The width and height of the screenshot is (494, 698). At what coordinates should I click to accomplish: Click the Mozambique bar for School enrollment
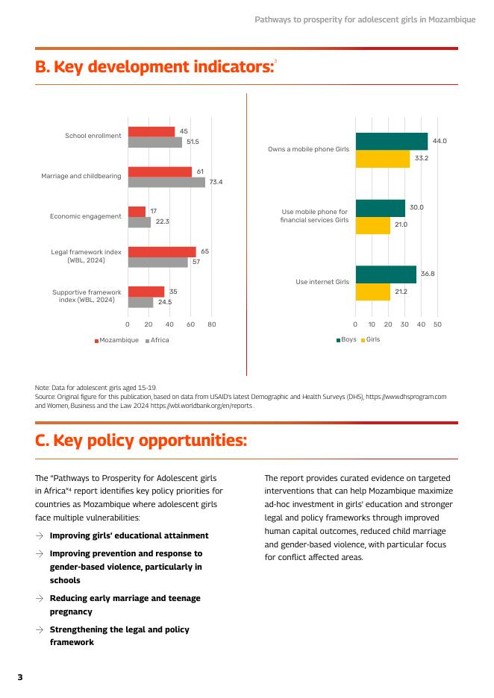(x=151, y=131)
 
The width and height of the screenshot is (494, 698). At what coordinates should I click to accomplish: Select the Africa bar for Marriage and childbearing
(x=166, y=182)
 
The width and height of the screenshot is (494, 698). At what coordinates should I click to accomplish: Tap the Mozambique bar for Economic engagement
(x=137, y=212)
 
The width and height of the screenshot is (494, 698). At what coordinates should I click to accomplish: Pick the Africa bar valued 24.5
(x=140, y=302)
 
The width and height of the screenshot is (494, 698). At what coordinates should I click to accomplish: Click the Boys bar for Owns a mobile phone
(x=392, y=141)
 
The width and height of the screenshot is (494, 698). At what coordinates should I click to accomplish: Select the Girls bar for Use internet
(x=372, y=292)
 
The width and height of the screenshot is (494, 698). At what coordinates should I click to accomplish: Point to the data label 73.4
(x=216, y=182)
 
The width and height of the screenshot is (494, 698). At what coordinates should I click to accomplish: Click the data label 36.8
(x=428, y=274)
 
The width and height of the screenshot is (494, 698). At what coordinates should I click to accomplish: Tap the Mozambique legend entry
(x=117, y=340)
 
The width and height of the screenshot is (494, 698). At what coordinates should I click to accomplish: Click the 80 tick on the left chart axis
(x=212, y=324)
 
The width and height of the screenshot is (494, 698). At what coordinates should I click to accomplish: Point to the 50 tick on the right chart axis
(x=437, y=324)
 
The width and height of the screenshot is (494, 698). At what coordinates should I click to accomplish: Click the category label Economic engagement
(x=85, y=216)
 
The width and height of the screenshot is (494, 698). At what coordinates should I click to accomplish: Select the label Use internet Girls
(x=322, y=282)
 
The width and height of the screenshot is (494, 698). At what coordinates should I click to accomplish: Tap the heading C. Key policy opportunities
(x=141, y=441)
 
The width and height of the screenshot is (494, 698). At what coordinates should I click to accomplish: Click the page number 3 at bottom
(x=20, y=677)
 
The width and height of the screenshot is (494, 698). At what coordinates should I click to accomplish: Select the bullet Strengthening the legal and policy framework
(x=119, y=635)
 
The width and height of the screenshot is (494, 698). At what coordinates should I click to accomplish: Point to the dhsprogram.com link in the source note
(x=406, y=397)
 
